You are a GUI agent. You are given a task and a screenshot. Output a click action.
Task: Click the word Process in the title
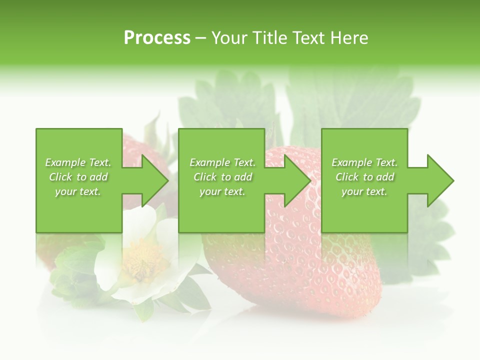[157, 38]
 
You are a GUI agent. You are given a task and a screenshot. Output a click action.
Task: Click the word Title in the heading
[270, 38]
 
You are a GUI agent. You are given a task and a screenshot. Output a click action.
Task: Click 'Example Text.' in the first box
[78, 162]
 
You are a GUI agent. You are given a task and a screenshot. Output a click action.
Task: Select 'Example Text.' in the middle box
[222, 162]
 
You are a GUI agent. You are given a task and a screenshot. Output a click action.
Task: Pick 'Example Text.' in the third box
[364, 162]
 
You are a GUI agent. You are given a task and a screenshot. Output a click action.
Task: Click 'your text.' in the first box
[78, 191]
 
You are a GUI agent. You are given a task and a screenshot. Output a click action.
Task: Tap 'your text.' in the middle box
[222, 191]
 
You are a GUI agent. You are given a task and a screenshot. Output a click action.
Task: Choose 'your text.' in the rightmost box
[364, 191]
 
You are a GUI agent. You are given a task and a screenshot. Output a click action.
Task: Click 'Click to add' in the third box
[364, 177]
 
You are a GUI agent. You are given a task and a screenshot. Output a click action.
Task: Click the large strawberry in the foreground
[300, 270]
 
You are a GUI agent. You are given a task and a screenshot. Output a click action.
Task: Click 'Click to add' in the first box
[78, 177]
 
